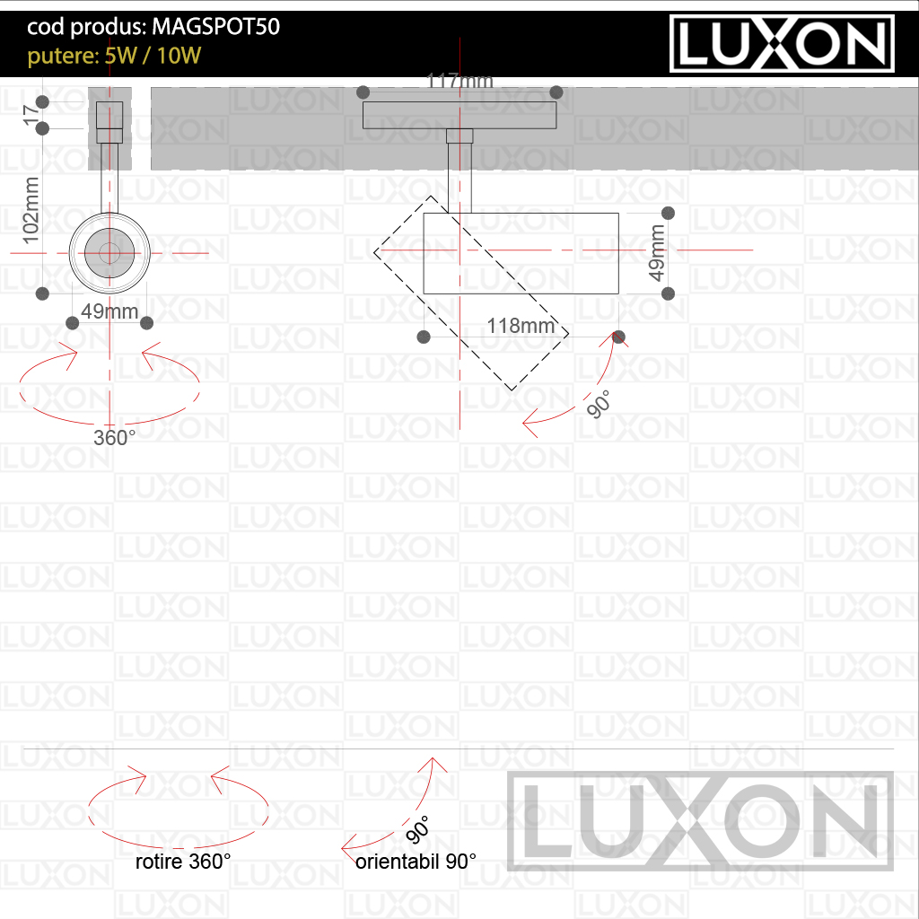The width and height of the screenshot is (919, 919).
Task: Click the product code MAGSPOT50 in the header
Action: pyautogui.click(x=215, y=26)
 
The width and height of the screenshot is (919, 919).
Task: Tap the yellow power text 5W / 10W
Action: pyautogui.click(x=153, y=56)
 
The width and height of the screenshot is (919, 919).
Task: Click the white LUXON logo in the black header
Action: pyautogui.click(x=782, y=43)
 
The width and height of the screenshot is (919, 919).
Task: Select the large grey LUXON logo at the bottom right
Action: pyautogui.click(x=700, y=821)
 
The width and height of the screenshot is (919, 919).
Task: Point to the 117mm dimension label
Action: pyautogui.click(x=459, y=81)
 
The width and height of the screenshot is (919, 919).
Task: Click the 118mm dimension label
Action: pyautogui.click(x=521, y=325)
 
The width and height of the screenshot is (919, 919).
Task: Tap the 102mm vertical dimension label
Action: pyautogui.click(x=31, y=210)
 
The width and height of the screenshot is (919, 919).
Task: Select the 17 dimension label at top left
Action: pyautogui.click(x=29, y=114)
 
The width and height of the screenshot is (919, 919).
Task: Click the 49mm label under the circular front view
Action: pyautogui.click(x=109, y=311)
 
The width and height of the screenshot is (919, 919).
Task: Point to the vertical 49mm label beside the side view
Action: pyautogui.click(x=657, y=252)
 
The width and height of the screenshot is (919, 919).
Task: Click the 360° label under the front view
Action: pyautogui.click(x=114, y=438)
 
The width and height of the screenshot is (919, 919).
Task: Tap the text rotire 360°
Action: pyautogui.click(x=183, y=862)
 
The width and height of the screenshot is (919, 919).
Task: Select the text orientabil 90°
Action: pyautogui.click(x=416, y=862)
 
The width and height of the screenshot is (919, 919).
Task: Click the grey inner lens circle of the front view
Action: pyautogui.click(x=109, y=253)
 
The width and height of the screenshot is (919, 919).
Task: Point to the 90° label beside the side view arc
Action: pyautogui.click(x=599, y=405)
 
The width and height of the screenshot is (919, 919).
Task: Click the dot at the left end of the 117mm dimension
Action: pyautogui.click(x=363, y=92)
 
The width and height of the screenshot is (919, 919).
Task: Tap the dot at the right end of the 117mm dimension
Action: pyautogui.click(x=556, y=92)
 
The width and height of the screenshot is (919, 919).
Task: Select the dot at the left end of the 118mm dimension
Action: pyautogui.click(x=424, y=337)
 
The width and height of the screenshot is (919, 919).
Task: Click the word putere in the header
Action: pyautogui.click(x=63, y=57)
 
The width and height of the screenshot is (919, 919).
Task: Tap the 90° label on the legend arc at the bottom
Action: pyautogui.click(x=418, y=830)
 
